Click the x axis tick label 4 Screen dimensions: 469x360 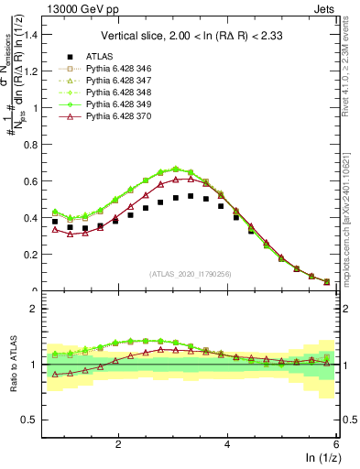tap(227, 444)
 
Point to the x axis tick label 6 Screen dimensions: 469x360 tap(335, 444)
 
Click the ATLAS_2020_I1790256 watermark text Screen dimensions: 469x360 tap(191, 274)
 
